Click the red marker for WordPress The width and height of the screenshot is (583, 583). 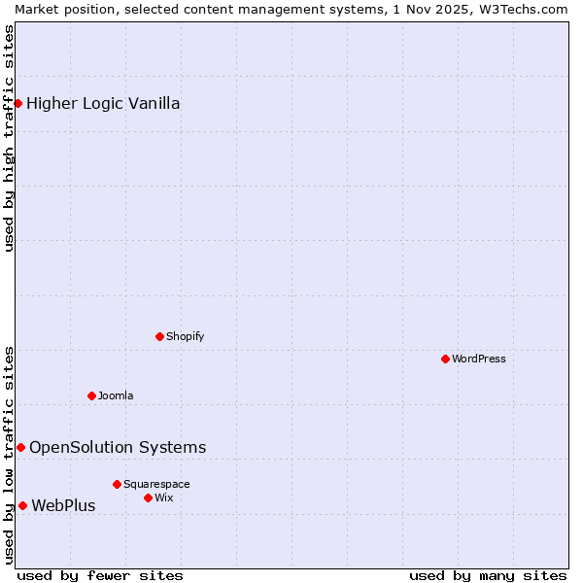[x=445, y=359]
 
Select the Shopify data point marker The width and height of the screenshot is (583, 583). [x=159, y=336]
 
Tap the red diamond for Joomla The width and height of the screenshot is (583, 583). [x=91, y=395]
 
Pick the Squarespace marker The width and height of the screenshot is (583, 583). [x=117, y=484]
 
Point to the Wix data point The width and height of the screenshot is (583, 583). [x=148, y=497]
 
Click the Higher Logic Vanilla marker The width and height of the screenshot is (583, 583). [x=17, y=103]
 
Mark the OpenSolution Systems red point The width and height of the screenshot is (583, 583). [x=20, y=447]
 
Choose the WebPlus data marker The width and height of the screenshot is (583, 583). [x=22, y=505]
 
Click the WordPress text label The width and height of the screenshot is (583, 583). [x=479, y=359]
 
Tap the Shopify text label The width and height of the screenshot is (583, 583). [x=186, y=336]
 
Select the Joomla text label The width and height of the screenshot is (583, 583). [x=116, y=395]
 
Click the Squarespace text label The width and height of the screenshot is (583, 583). [x=156, y=484]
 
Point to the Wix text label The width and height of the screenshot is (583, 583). [x=163, y=497]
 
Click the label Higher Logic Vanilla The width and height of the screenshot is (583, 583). [x=103, y=104]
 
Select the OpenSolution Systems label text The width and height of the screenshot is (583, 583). [x=118, y=448]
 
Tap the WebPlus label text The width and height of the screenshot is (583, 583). [x=63, y=506]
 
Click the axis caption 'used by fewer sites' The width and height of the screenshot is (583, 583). [x=100, y=575]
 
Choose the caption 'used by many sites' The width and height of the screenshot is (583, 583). [x=488, y=575]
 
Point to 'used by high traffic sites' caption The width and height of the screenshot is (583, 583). [x=10, y=138]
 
